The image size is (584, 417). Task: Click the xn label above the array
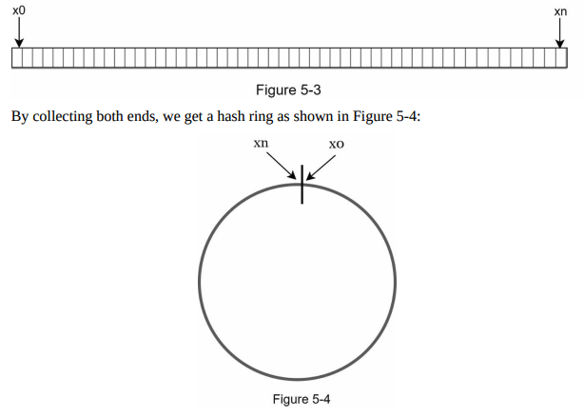point(560,10)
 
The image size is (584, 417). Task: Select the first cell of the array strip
point(16,58)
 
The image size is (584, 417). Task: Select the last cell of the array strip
point(563,58)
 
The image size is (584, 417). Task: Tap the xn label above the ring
point(260,144)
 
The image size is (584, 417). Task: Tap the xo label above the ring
point(335,145)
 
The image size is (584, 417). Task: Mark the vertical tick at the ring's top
point(302,184)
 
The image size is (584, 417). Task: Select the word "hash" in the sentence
point(237,119)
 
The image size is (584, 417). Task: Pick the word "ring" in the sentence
point(269,119)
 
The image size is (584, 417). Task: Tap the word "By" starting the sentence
point(19,119)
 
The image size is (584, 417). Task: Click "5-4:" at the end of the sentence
point(422,119)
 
